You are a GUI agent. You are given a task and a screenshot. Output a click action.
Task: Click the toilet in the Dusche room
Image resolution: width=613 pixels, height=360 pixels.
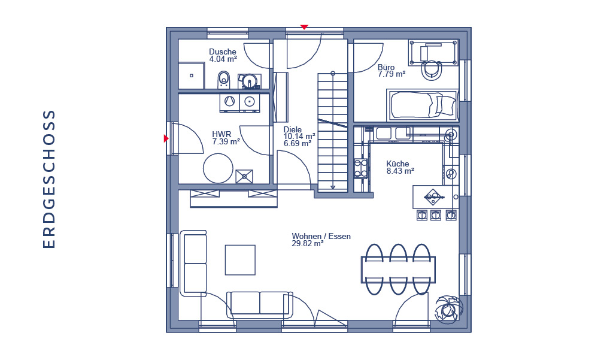click(224, 80)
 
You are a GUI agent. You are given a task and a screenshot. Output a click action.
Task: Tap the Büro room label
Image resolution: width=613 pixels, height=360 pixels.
click(386, 67)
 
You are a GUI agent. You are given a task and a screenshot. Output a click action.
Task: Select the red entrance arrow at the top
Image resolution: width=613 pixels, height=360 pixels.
click(304, 27)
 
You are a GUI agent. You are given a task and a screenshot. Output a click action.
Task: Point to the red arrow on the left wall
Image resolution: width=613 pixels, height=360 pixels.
click(166, 138)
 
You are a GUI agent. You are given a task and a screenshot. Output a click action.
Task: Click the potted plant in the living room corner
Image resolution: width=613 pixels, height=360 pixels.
click(449, 309)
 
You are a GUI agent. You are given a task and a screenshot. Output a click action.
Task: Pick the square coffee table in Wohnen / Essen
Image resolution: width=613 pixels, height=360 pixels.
click(240, 260)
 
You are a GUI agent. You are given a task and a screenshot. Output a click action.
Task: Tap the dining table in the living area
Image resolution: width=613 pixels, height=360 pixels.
click(398, 269)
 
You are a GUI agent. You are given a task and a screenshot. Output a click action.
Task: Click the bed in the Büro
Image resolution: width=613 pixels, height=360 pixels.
click(423, 105)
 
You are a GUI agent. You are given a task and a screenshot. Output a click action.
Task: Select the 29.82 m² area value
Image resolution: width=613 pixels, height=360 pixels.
click(307, 243)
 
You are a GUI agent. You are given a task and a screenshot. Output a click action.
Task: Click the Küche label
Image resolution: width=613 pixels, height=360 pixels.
click(397, 164)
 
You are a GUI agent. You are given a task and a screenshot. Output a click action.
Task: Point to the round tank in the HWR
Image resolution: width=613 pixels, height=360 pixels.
click(218, 168)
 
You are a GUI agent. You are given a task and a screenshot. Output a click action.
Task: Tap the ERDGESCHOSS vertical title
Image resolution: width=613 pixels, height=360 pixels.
click(49, 179)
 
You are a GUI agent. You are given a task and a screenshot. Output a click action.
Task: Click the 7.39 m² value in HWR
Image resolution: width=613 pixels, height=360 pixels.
click(226, 141)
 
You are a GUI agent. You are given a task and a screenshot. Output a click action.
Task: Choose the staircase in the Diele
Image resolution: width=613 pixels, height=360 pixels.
click(332, 132)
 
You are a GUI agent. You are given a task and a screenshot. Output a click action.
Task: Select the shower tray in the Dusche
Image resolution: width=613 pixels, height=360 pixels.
click(191, 75)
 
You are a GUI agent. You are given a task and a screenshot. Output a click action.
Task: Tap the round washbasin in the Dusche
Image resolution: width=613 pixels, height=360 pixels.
click(248, 81)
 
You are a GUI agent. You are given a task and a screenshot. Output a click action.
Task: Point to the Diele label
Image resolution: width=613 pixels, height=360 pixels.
click(292, 129)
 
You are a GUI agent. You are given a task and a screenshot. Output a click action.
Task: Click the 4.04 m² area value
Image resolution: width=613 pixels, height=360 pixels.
click(223, 59)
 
